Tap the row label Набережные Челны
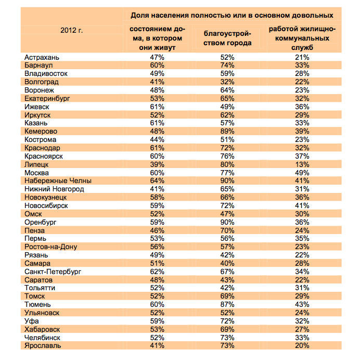pos(58,180)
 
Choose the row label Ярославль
pos(43,345)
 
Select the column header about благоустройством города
pos(227,38)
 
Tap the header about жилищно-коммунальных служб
pos(303,38)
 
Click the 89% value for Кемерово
pos(227,131)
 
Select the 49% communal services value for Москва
pos(303,173)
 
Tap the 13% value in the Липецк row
pos(303,164)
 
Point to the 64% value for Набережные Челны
pos(154,180)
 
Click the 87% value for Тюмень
pos(227,304)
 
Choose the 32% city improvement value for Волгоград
pos(227,82)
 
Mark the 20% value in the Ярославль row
pos(303,345)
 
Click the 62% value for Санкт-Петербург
pos(154,271)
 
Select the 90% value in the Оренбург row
pos(227,222)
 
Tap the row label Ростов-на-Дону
pos(50,247)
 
